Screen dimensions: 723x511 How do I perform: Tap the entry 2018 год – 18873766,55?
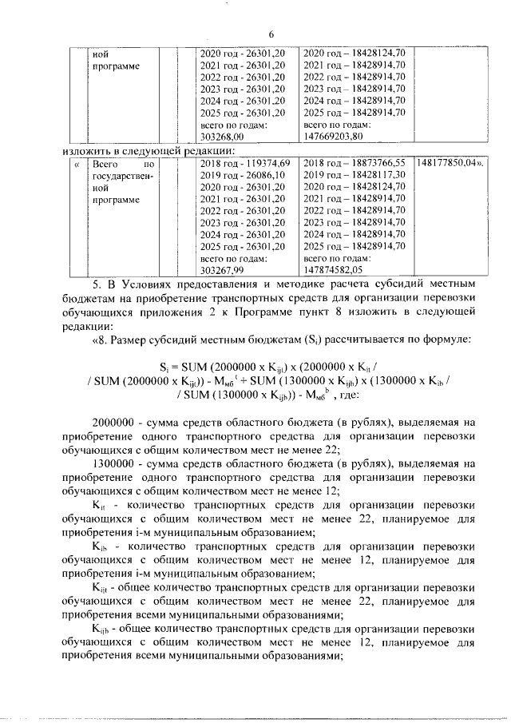(355, 161)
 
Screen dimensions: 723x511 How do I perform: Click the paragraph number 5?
(97, 284)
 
